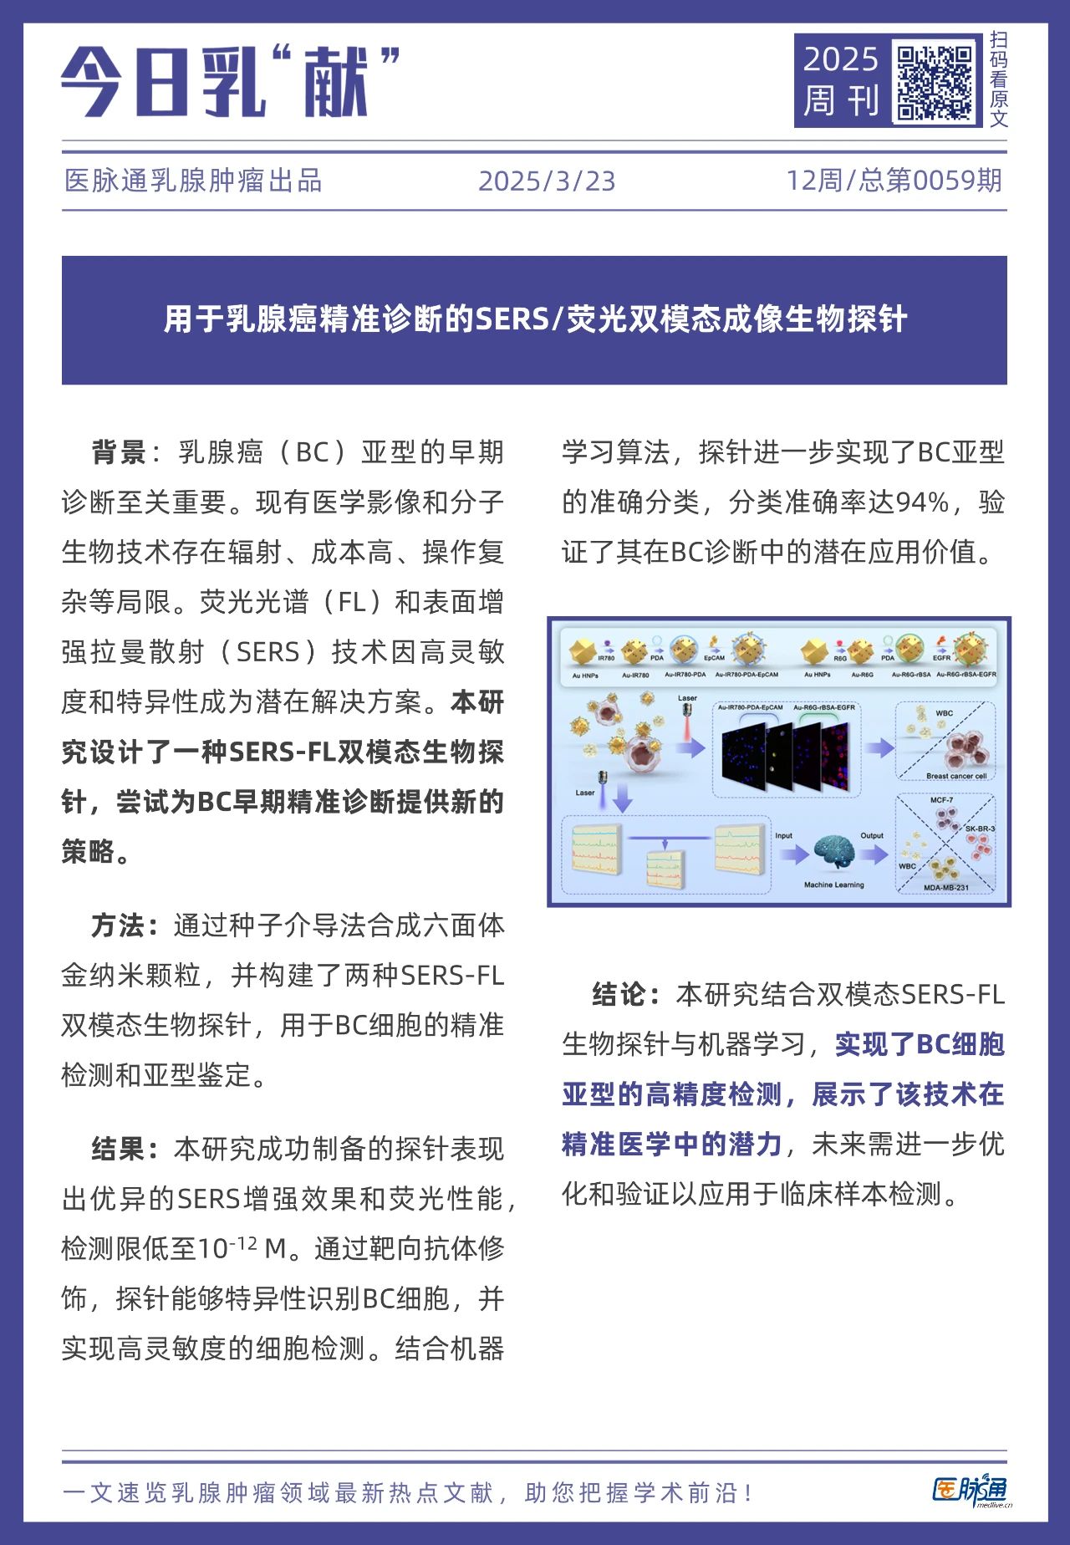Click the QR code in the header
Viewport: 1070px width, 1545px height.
[935, 82]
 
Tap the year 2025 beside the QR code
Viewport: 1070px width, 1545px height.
[840, 59]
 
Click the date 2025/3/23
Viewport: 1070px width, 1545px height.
[547, 181]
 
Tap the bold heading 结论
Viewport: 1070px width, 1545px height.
[619, 994]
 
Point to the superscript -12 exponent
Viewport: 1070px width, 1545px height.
[243, 1242]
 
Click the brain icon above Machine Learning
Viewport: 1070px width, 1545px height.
[833, 854]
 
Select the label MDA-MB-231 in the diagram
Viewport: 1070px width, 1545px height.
[946, 888]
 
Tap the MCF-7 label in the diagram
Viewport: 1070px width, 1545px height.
[941, 800]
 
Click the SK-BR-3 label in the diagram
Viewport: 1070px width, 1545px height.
[980, 829]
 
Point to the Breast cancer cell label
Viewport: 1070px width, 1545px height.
[955, 776]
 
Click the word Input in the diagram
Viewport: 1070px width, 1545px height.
[783, 835]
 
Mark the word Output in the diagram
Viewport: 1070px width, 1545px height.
[872, 835]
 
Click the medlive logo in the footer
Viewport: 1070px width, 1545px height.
[970, 1491]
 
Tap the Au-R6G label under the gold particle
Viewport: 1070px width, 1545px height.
[862, 675]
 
